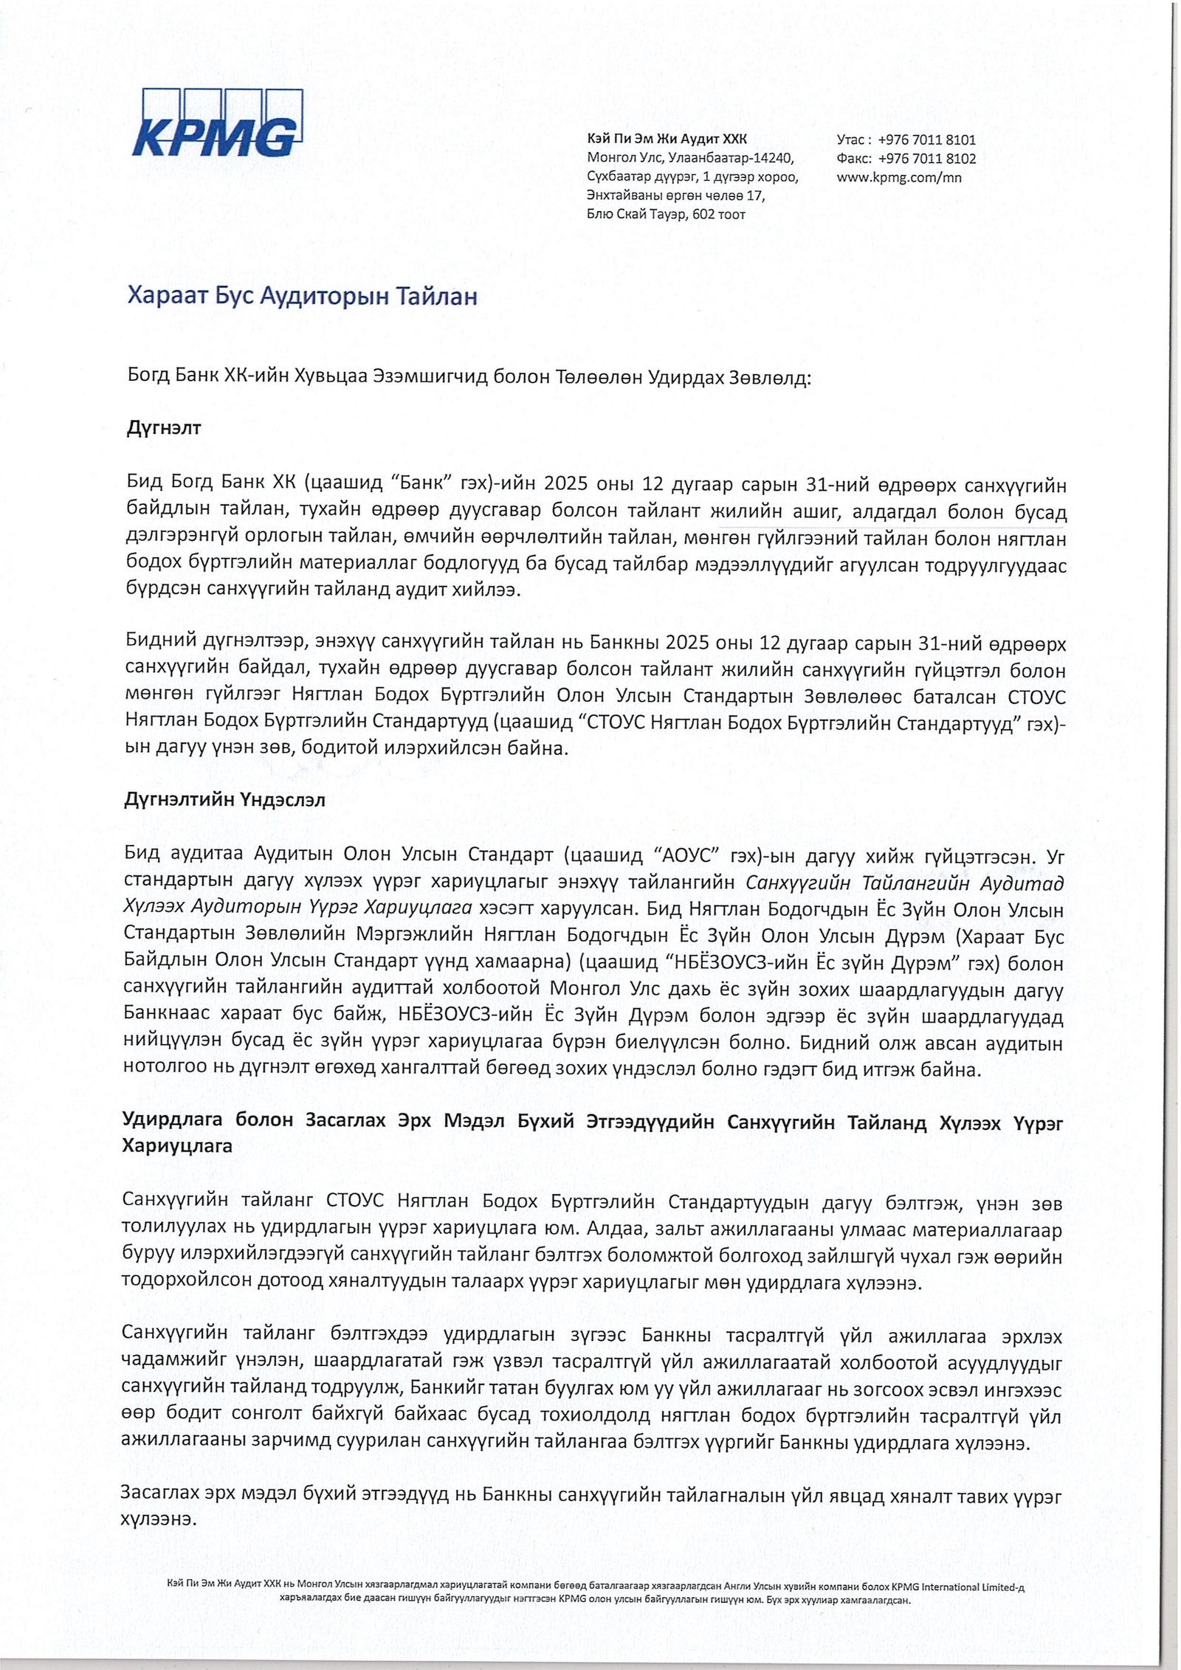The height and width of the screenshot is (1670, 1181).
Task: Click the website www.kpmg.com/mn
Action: click(898, 177)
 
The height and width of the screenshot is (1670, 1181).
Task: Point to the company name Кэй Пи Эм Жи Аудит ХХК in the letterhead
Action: click(667, 139)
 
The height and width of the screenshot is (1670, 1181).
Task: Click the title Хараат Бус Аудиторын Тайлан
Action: click(302, 297)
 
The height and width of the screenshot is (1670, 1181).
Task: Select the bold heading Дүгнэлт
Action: click(164, 428)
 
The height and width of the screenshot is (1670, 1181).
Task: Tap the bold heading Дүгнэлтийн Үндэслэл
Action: click(224, 800)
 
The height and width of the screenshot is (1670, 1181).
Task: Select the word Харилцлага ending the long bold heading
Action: click(177, 1145)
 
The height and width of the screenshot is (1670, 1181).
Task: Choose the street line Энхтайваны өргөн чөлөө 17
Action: click(675, 196)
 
